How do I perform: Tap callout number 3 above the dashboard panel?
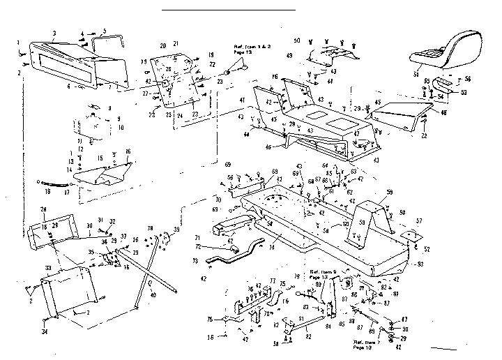[54, 33]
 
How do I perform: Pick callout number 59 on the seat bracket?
[390, 192]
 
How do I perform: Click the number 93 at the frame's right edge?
[420, 264]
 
